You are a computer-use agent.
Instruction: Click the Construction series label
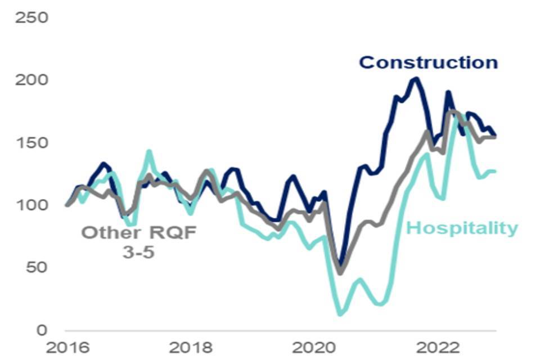(429, 62)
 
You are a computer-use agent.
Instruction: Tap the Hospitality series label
(461, 228)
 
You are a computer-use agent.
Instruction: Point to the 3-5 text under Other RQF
(138, 252)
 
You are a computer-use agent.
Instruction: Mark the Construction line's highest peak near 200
(415, 78)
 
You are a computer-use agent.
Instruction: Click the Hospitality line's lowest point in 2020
(340, 314)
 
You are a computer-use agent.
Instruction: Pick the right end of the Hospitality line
(495, 172)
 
